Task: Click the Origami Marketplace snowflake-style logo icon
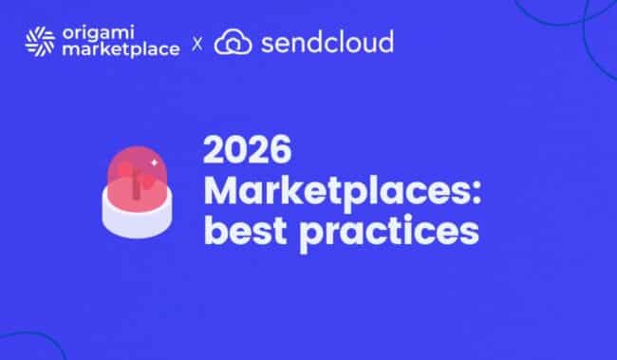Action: pyautogui.click(x=40, y=42)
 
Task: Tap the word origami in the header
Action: pyautogui.click(x=99, y=32)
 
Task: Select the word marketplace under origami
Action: pyautogui.click(x=121, y=50)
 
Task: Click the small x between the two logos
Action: pyautogui.click(x=197, y=44)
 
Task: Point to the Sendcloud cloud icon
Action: pyautogui.click(x=233, y=42)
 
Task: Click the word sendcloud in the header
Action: pyautogui.click(x=327, y=42)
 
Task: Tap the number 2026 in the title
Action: pyautogui.click(x=247, y=150)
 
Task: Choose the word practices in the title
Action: pyautogui.click(x=389, y=233)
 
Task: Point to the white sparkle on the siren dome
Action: pyautogui.click(x=154, y=162)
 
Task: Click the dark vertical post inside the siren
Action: pyautogui.click(x=136, y=183)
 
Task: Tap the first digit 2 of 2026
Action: pyautogui.click(x=213, y=150)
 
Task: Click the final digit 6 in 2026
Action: pyautogui.click(x=281, y=150)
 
